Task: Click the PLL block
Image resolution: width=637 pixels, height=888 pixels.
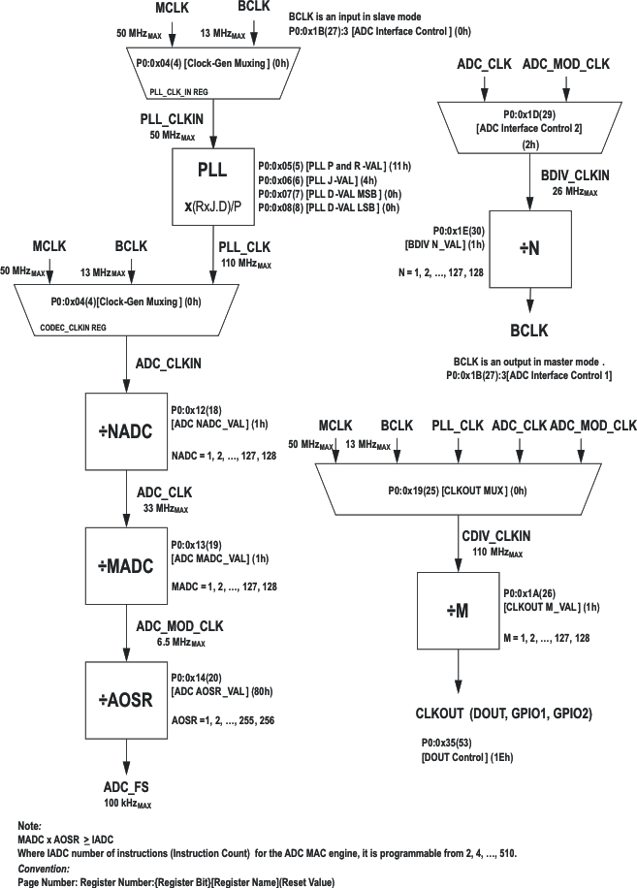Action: pos(212,185)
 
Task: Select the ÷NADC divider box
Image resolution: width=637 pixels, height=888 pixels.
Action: pos(125,431)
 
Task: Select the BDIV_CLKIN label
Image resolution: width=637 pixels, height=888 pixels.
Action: pos(574,175)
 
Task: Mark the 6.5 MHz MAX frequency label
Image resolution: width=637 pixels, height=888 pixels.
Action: pos(180,642)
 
